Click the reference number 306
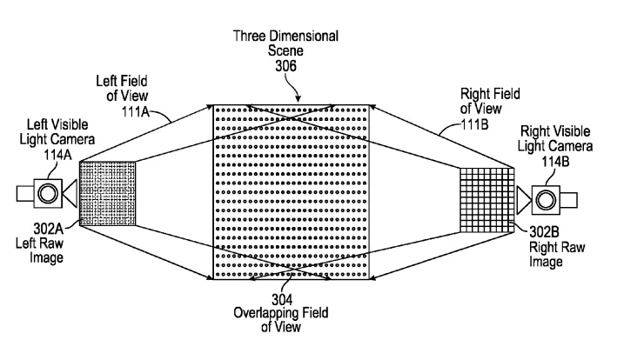(x=285, y=65)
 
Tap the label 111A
(x=136, y=111)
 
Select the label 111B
(x=474, y=124)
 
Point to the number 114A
(x=57, y=155)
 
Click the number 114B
(x=555, y=161)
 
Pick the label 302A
(x=49, y=229)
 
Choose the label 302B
(x=544, y=232)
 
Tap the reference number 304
(x=282, y=300)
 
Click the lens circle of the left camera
(x=48, y=193)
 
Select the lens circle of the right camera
(x=546, y=200)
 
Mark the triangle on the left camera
(x=70, y=193)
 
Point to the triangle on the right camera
(x=524, y=200)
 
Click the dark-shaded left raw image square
(x=107, y=193)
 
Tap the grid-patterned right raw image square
(x=487, y=200)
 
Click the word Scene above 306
(x=285, y=50)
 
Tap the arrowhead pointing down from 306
(x=298, y=98)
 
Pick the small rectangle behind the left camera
(x=25, y=193)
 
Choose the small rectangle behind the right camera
(x=568, y=200)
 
